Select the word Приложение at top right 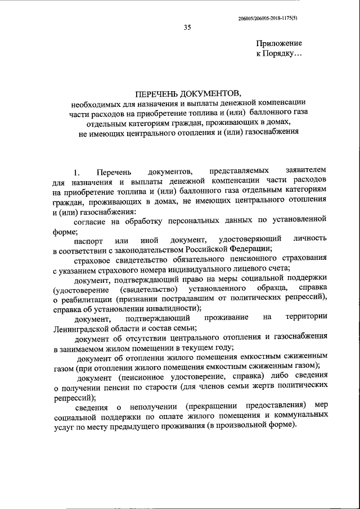click(x=279, y=43)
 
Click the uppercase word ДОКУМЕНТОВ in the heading click(x=210, y=92)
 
